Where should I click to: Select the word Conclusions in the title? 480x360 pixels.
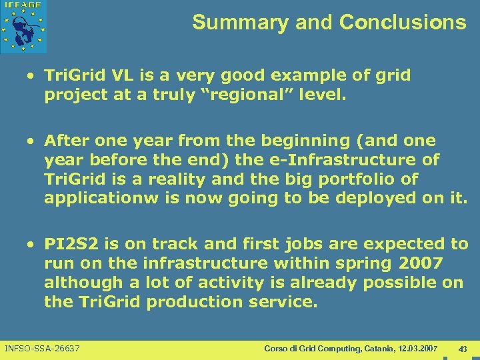click(x=403, y=23)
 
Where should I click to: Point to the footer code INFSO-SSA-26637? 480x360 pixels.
click(x=42, y=349)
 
